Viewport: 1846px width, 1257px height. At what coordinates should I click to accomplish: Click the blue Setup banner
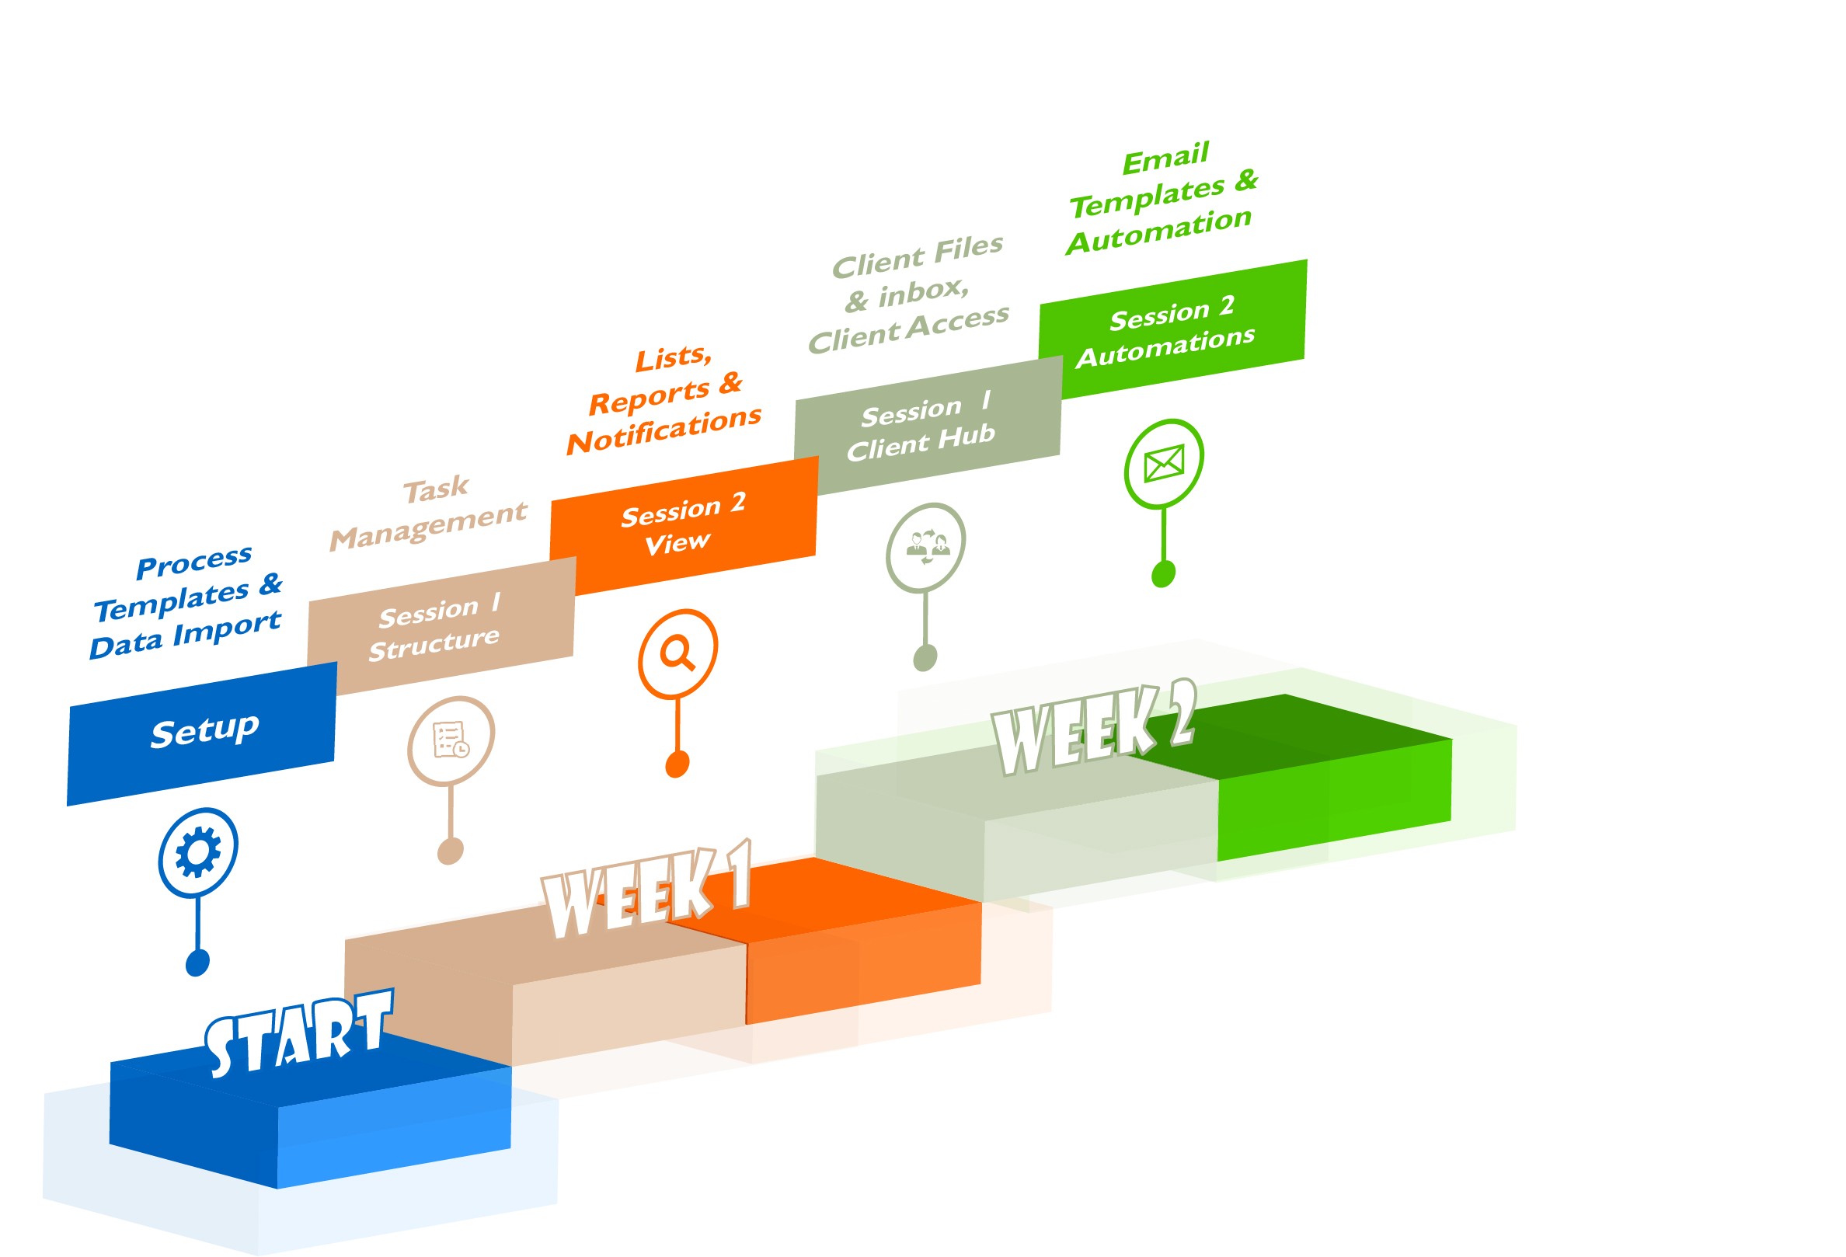click(204, 731)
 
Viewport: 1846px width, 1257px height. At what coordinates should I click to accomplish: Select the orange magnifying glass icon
click(677, 653)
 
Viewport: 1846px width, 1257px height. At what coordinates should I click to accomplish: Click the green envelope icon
click(1164, 463)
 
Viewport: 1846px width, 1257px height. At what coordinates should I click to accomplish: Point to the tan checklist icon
click(451, 740)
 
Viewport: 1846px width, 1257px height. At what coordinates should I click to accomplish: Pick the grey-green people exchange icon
click(925, 546)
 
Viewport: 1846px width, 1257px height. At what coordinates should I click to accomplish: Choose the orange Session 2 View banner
click(682, 524)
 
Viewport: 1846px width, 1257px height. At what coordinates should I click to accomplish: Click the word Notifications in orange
click(664, 430)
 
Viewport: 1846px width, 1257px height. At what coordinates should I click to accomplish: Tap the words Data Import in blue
click(185, 635)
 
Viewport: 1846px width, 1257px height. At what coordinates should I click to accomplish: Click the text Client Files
click(918, 256)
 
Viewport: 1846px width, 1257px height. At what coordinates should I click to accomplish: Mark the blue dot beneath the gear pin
click(197, 963)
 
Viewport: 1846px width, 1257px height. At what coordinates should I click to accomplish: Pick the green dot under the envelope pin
click(1163, 573)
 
